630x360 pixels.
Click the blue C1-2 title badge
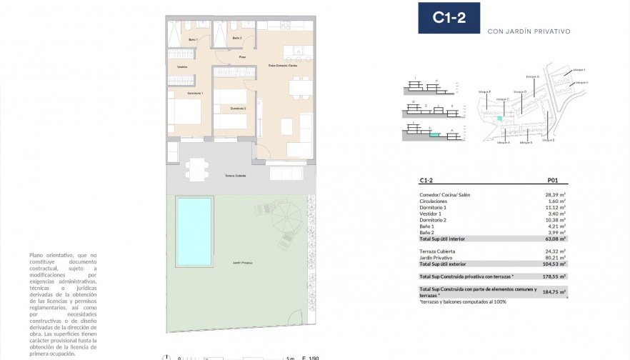coord(449,19)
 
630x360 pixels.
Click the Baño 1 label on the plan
coord(193,39)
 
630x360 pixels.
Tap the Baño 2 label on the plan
coord(237,38)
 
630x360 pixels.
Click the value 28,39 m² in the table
coord(555,194)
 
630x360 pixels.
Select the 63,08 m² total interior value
coord(555,239)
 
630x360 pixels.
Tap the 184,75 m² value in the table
coord(554,291)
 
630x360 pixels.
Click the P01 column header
coord(552,181)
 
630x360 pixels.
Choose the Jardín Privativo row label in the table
coord(436,258)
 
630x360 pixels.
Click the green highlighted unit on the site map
coord(500,118)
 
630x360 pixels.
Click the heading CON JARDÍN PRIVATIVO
coord(528,31)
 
